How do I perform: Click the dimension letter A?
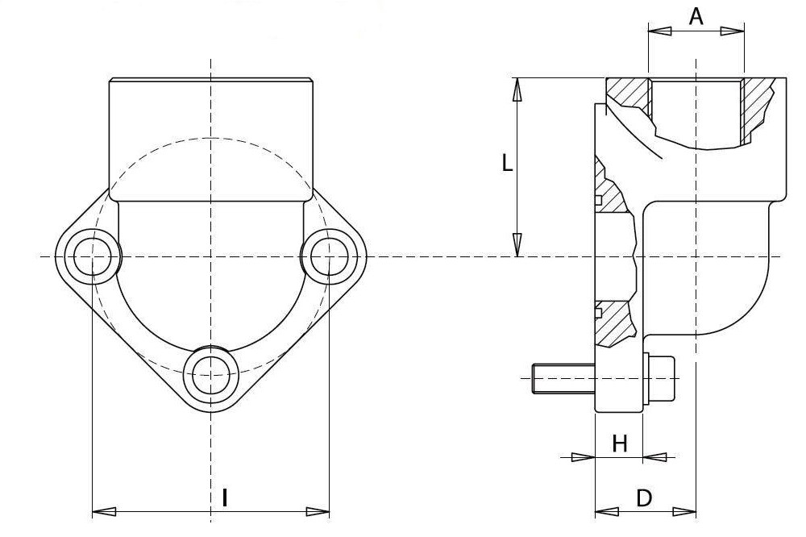point(696,16)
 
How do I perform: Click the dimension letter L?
point(507,164)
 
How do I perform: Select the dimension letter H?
point(619,443)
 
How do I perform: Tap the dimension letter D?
point(644,498)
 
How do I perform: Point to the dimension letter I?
point(225,498)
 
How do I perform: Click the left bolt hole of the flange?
point(92,256)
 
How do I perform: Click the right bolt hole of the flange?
point(330,256)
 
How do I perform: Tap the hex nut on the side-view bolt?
point(659,378)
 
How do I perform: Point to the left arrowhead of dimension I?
point(104,512)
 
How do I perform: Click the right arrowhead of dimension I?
point(318,512)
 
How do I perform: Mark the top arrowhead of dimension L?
point(517,89)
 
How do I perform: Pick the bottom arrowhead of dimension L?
point(517,245)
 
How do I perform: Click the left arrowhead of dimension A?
point(660,31)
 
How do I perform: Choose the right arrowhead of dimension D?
point(684,512)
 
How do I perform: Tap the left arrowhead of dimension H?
point(584,456)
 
